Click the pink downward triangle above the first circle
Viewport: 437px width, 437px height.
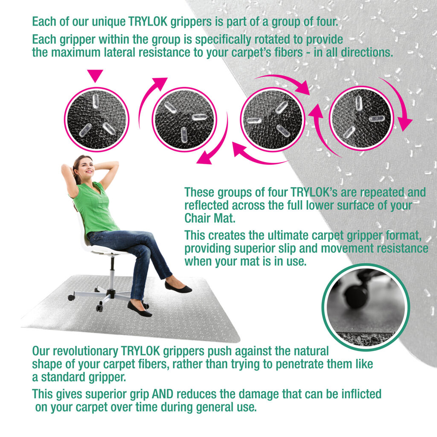pos(95,75)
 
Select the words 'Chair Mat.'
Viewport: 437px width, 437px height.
pos(210,218)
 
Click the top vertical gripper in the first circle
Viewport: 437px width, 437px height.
pos(96,101)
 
